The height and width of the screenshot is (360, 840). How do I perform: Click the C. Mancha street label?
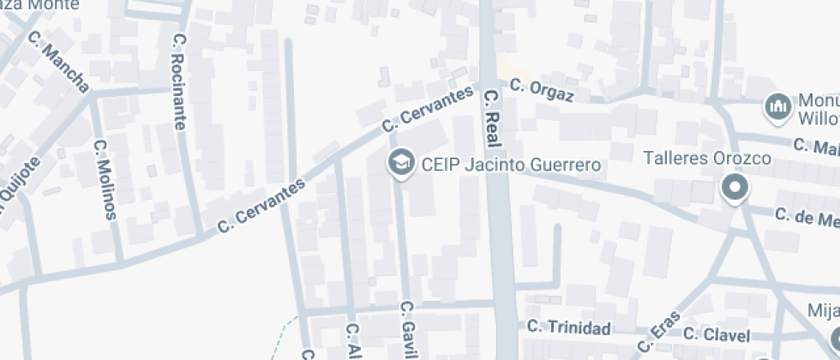point(58,62)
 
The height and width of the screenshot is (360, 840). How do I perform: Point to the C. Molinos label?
point(105,180)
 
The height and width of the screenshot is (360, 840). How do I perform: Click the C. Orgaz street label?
point(540,88)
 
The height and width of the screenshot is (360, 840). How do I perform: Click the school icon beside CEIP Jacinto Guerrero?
point(399,162)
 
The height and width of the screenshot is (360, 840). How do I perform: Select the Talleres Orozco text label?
point(707,159)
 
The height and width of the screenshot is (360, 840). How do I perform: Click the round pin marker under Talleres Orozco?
point(734,188)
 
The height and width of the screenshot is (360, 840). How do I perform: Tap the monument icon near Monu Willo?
point(777,106)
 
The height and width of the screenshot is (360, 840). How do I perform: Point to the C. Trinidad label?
point(569,328)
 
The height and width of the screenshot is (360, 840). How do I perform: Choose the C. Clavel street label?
point(717,334)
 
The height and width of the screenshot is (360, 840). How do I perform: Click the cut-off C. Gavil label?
point(408,330)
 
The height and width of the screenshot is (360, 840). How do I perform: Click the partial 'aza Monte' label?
point(38,5)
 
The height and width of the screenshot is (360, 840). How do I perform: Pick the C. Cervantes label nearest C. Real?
point(428,111)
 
